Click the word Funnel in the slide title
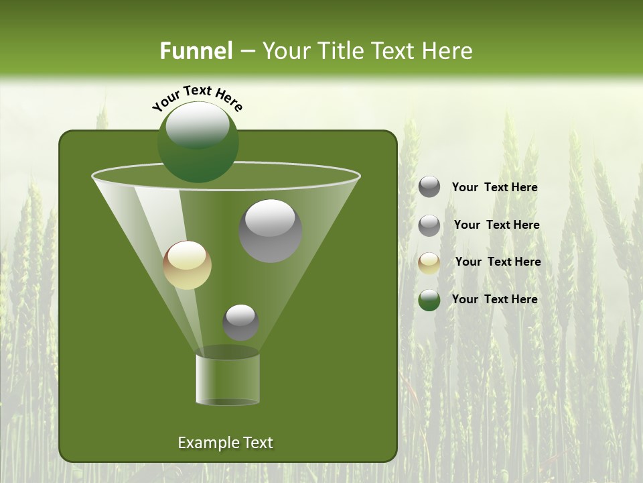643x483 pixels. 196,51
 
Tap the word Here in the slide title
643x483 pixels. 445,51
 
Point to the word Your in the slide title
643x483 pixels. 285,51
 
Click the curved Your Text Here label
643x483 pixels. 198,97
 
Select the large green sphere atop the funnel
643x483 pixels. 198,142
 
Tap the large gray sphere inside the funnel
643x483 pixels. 271,231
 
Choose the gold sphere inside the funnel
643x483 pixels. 188,265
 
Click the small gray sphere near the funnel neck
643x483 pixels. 240,322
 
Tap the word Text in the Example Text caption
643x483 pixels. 257,443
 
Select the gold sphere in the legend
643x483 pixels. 429,263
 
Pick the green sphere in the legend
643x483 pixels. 429,300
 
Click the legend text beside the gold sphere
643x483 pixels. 498,262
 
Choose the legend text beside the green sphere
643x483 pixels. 494,299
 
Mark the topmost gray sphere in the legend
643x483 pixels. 429,187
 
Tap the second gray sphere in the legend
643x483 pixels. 429,225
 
